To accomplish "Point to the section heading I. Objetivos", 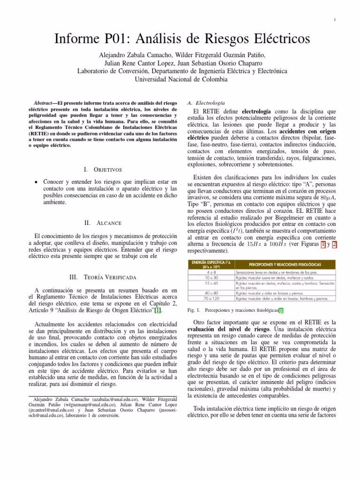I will pos(102,169).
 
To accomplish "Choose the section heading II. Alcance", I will pos(102,223).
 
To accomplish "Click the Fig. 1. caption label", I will pos(193,311).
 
